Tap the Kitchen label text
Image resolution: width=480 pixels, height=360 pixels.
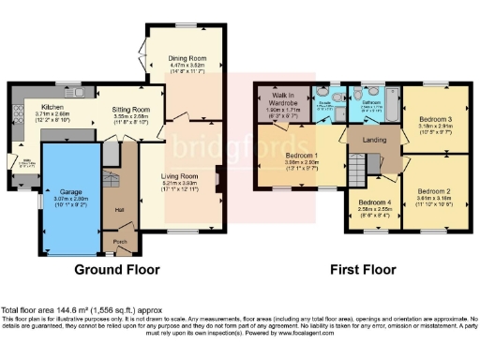(x=52, y=110)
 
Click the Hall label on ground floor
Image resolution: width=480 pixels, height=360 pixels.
(x=120, y=209)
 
